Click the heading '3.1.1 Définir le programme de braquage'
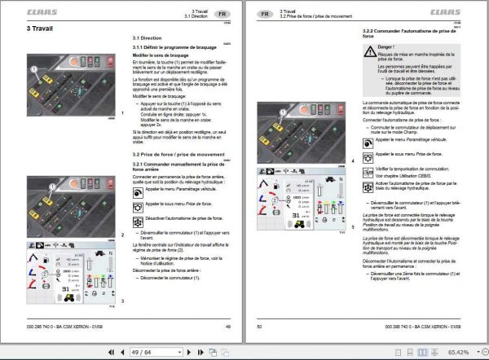point(172,46)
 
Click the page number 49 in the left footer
point(229,326)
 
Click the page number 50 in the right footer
point(260,326)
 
